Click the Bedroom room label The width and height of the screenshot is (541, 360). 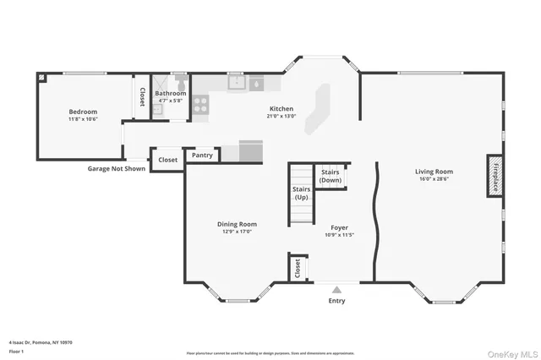(x=83, y=112)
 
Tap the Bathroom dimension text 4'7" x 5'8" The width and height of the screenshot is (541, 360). (x=171, y=101)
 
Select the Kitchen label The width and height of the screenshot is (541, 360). (x=281, y=108)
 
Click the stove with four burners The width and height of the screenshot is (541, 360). (x=201, y=104)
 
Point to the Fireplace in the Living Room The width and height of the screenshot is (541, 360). (x=493, y=176)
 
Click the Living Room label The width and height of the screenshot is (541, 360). (x=434, y=172)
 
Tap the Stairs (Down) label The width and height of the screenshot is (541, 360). (x=331, y=176)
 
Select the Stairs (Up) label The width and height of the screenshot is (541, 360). (x=301, y=194)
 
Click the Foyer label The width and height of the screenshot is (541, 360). (x=339, y=227)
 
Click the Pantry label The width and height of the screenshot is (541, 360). (x=202, y=155)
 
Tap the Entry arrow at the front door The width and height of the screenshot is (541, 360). (x=336, y=289)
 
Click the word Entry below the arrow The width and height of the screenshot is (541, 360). (x=336, y=301)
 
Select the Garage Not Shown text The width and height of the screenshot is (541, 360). (x=117, y=168)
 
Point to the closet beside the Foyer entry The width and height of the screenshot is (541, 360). (x=297, y=268)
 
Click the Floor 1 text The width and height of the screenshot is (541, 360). (x=17, y=350)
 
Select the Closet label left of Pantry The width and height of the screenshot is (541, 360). (x=167, y=159)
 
